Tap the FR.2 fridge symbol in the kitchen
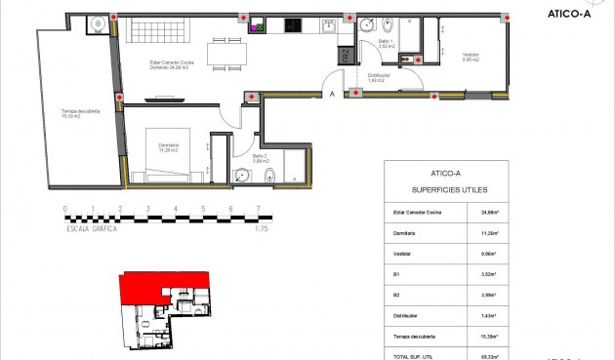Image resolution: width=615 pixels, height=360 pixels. pyautogui.click(x=346, y=56)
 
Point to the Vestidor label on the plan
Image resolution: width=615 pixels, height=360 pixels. pyautogui.click(x=470, y=57)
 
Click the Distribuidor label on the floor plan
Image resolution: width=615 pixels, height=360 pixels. pyautogui.click(x=381, y=77)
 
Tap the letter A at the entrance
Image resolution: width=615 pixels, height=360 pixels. pyautogui.click(x=332, y=94)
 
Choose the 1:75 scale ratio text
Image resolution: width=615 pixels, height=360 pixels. pyautogui.click(x=262, y=229)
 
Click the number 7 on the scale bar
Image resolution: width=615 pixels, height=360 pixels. pyautogui.click(x=257, y=209)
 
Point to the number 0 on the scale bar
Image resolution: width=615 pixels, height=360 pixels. pyautogui.click(x=64, y=209)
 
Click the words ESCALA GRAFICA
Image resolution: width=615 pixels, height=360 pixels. pyautogui.click(x=93, y=229)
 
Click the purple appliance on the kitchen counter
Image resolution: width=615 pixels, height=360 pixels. pyautogui.click(x=254, y=27)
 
